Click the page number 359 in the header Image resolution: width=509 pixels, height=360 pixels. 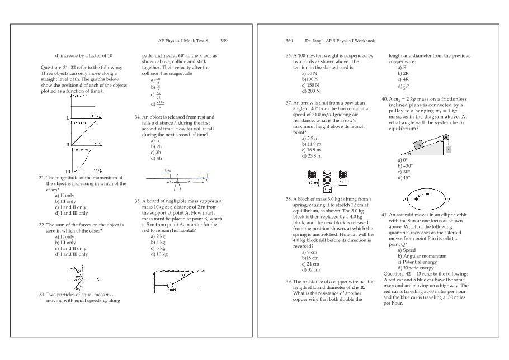224,41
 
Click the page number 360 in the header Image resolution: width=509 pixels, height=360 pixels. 289,41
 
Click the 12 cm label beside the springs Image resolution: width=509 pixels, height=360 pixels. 313,182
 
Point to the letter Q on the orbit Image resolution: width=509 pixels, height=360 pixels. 448,199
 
